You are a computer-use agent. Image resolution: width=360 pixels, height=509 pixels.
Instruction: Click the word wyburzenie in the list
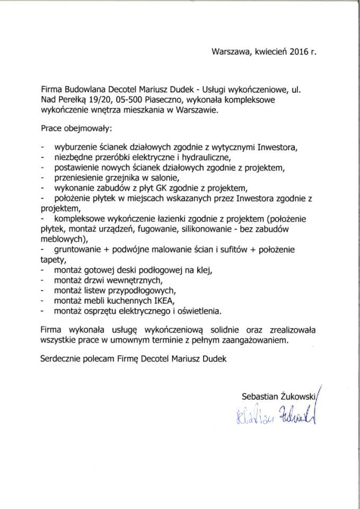coord(75,146)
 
